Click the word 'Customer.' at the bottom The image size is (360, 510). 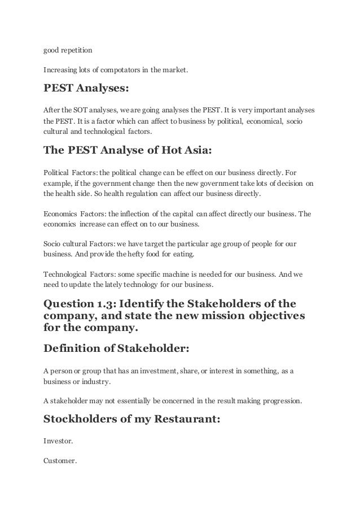point(60,460)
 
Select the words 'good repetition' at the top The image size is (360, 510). point(64,50)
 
